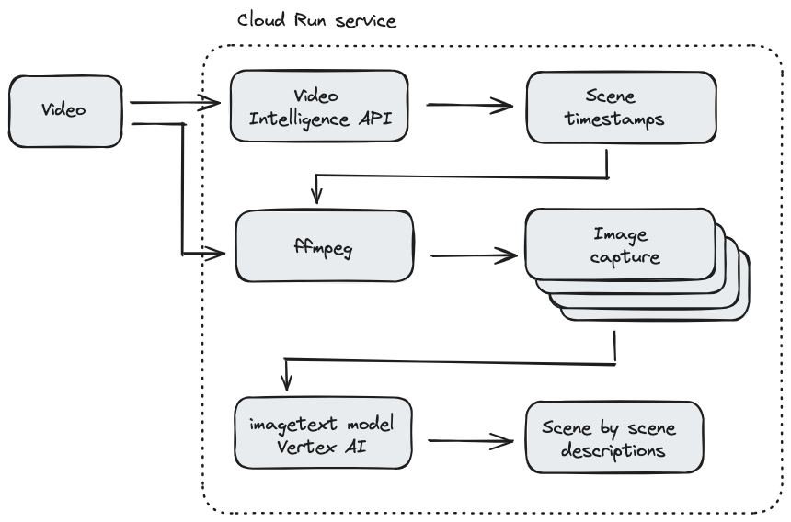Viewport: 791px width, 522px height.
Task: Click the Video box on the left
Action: tap(64, 111)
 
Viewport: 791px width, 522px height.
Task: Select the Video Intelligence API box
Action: tap(318, 107)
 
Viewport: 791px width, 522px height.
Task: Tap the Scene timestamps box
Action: tap(621, 107)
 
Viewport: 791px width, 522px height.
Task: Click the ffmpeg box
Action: tap(324, 246)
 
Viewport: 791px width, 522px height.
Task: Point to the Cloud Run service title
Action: tap(316, 20)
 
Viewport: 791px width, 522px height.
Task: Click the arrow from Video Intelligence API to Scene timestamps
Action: tap(469, 106)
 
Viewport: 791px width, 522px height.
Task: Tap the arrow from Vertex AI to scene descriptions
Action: tap(469, 441)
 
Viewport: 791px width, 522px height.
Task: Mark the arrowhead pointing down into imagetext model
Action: tap(288, 381)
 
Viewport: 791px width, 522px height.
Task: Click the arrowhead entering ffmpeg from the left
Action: tap(218, 251)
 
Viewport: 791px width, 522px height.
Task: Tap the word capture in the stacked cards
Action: tap(626, 256)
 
